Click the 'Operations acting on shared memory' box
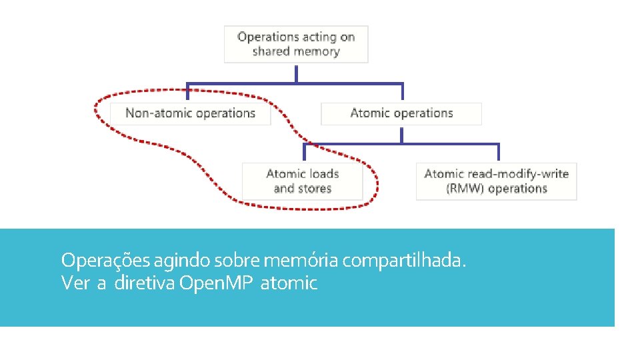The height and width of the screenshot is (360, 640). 296,44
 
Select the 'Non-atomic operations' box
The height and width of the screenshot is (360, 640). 190,113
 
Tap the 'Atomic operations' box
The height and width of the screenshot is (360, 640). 401,113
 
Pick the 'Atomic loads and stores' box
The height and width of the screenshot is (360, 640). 303,181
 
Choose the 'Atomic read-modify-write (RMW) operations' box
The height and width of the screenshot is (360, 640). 496,181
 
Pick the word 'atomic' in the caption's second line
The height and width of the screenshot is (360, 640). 289,283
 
